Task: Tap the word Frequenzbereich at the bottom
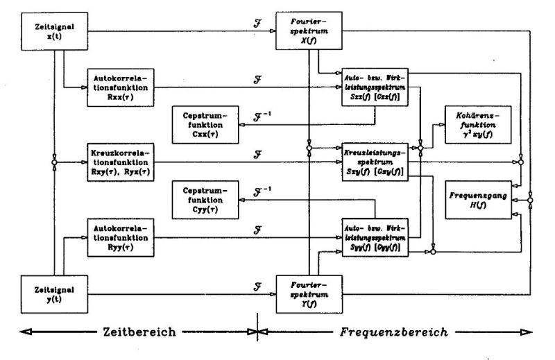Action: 392,332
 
